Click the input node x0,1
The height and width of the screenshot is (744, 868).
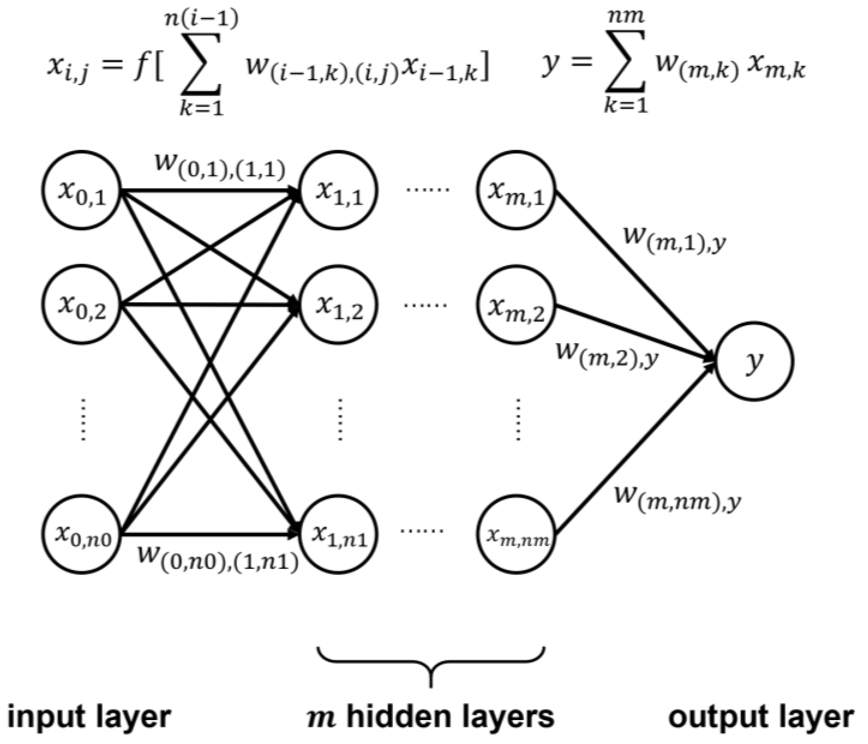(x=82, y=190)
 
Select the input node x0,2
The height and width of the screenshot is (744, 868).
(x=82, y=304)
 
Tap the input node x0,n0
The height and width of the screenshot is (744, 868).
(x=82, y=535)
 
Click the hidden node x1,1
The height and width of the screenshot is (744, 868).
(x=338, y=190)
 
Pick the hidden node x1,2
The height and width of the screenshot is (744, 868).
(x=338, y=304)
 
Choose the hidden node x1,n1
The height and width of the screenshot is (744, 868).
(x=338, y=535)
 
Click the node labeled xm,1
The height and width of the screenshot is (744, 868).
(x=518, y=190)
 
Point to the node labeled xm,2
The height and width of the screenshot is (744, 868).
(x=518, y=304)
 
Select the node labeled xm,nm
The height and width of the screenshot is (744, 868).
(x=518, y=535)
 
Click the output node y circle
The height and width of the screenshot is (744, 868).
(x=755, y=361)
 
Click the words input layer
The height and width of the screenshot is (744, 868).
(x=89, y=717)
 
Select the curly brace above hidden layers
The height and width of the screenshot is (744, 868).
(x=431, y=666)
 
